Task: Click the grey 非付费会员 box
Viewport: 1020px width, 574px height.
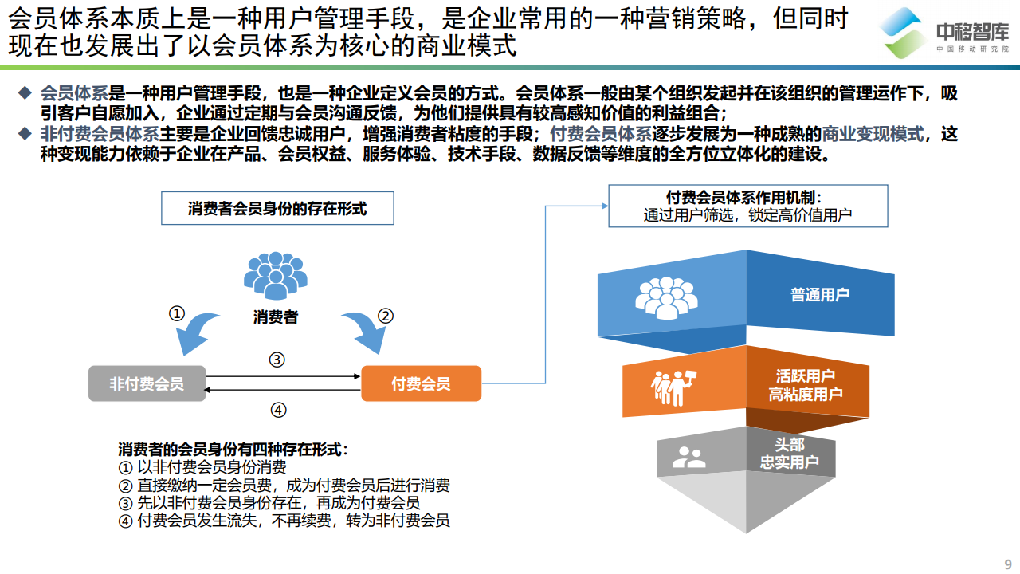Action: [x=147, y=383]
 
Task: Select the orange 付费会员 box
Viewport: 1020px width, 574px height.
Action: [x=421, y=383]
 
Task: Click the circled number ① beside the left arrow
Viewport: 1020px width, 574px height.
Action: [x=177, y=313]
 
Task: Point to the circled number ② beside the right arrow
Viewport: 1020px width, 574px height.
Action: [x=386, y=316]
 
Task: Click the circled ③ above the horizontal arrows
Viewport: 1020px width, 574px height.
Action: [x=277, y=360]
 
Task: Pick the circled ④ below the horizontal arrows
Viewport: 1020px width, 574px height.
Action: [x=277, y=411]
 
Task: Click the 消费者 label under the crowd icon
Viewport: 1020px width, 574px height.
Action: [x=275, y=317]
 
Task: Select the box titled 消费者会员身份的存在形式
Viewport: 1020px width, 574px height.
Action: [x=277, y=209]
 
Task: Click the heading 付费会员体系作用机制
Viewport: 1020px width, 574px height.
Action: [x=747, y=198]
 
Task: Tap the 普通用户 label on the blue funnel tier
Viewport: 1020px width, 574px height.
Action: [x=820, y=294]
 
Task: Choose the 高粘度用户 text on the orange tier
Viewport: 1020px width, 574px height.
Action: [x=806, y=394]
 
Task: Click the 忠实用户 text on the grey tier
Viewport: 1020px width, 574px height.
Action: [x=789, y=462]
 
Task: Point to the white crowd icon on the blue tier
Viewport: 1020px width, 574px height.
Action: [x=666, y=297]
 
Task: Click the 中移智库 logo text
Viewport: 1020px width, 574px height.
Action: [x=971, y=33]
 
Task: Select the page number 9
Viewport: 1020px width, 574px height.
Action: [x=1007, y=561]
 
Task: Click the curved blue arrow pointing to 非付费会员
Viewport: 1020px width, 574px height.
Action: [x=196, y=333]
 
